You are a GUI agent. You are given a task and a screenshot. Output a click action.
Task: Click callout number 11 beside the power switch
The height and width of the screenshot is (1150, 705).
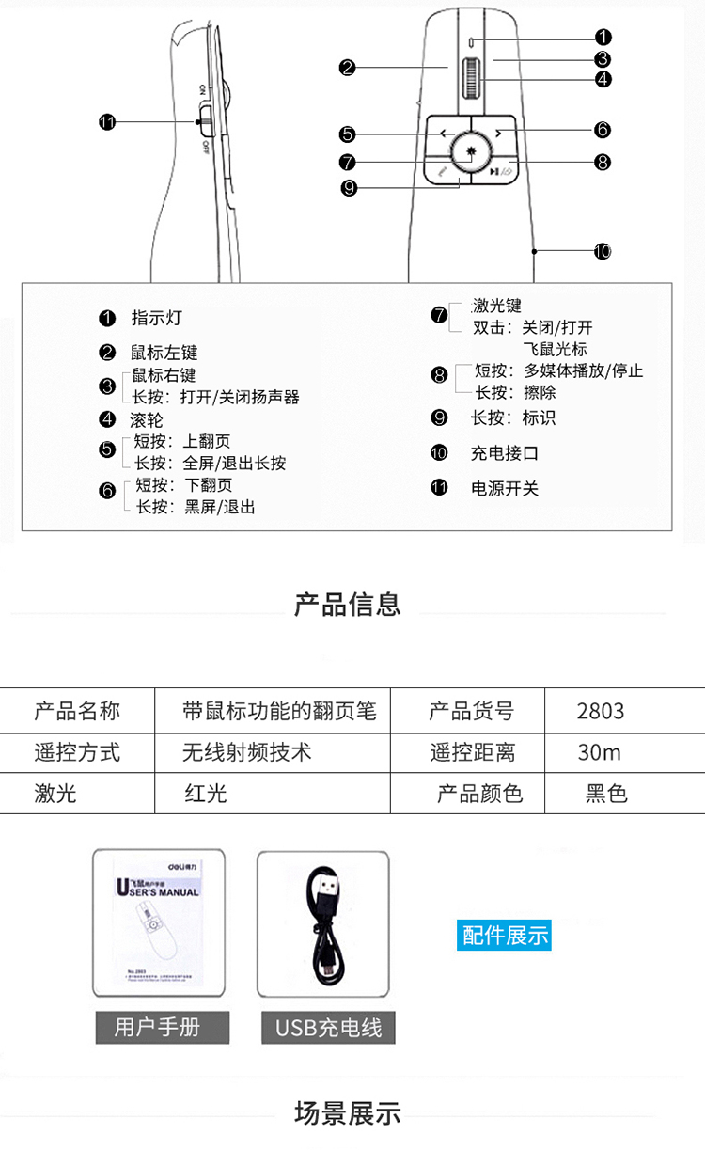coord(107,122)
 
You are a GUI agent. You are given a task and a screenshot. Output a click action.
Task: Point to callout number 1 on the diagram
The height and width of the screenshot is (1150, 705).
coord(603,38)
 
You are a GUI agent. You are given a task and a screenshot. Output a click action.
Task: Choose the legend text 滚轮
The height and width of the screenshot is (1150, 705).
coord(147,419)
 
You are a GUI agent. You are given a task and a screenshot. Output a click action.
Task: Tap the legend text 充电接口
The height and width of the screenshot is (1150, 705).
coord(504,453)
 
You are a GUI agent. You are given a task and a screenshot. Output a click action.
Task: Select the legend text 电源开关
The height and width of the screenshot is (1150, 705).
coord(504,489)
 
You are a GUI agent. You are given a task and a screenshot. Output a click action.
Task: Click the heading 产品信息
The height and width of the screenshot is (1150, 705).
coord(348,605)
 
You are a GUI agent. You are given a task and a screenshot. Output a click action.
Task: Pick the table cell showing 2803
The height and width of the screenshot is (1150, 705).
coord(601,711)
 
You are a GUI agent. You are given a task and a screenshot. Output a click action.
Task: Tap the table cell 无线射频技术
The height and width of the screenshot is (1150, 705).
coord(246,752)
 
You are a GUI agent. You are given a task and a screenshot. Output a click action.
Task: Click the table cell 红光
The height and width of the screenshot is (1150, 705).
coord(206,794)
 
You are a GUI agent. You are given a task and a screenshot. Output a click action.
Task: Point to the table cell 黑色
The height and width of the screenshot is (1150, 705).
coord(606,794)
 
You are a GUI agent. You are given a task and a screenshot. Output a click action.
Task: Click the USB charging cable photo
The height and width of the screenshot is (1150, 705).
coord(323,923)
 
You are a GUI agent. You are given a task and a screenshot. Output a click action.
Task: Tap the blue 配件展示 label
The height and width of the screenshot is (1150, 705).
coord(505,936)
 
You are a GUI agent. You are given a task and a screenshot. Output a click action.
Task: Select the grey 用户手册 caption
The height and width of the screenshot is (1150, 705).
coord(161,1027)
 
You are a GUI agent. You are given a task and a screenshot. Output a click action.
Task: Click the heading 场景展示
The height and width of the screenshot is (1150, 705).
coord(348,1114)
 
